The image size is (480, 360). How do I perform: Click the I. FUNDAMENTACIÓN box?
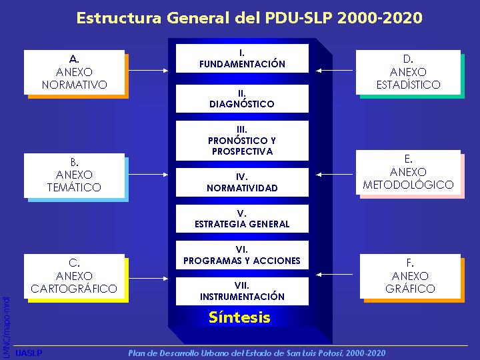pyautogui.click(x=242, y=59)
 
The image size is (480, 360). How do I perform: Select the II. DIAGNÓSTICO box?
pyautogui.click(x=242, y=99)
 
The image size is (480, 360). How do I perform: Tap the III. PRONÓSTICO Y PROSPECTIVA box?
pyautogui.click(x=242, y=141)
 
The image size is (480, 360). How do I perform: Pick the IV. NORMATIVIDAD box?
pyautogui.click(x=242, y=182)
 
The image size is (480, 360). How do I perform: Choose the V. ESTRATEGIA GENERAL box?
pyautogui.click(x=242, y=219)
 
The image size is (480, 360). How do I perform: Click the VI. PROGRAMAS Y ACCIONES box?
pyautogui.click(x=242, y=255)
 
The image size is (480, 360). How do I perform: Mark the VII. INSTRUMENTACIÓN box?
pyautogui.click(x=242, y=291)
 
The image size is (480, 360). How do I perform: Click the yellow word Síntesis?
pyautogui.click(x=239, y=317)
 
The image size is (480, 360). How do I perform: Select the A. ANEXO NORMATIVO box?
pyautogui.click(x=75, y=72)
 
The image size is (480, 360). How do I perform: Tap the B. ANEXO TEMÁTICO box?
pyautogui.click(x=75, y=175)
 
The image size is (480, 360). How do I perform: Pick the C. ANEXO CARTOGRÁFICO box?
pyautogui.click(x=75, y=277)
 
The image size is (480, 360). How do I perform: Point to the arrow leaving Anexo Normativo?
pyautogui.click(x=149, y=71)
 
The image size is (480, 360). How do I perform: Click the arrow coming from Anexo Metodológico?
pyautogui.click(x=334, y=175)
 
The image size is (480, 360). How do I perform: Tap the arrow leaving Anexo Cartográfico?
pyautogui.click(x=149, y=278)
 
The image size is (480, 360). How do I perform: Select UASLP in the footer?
pyautogui.click(x=29, y=353)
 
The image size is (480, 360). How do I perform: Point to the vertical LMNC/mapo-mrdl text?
pyautogui.click(x=6, y=328)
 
